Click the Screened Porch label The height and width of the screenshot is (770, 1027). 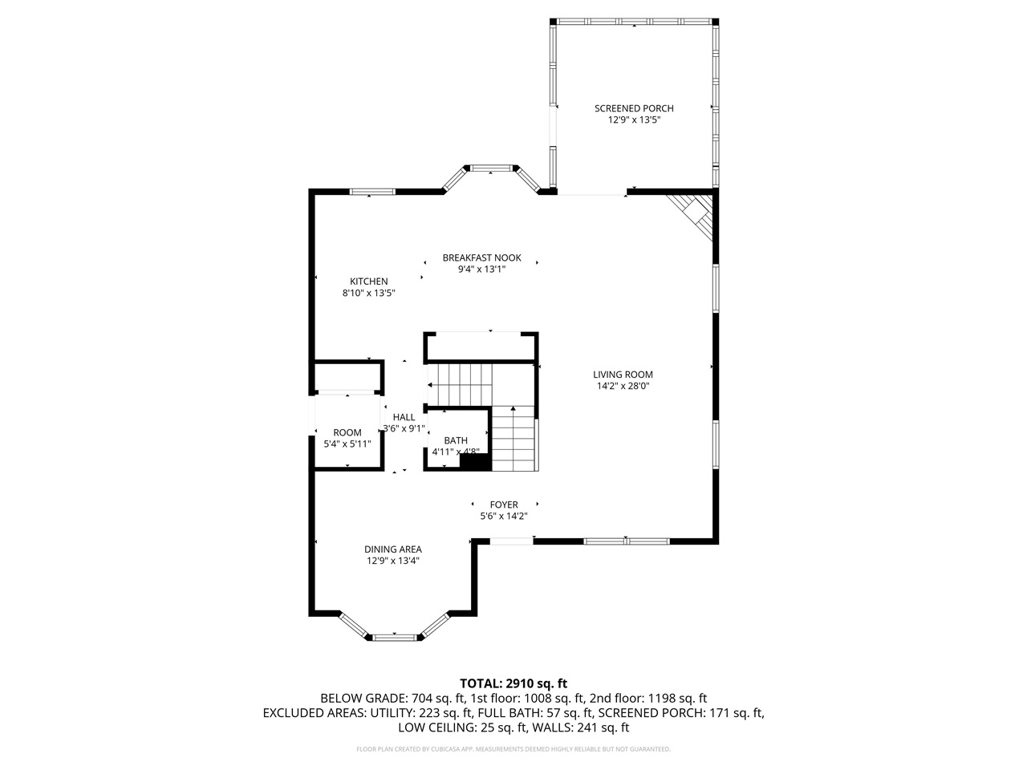(633, 108)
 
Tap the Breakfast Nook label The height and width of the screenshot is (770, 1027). (481, 257)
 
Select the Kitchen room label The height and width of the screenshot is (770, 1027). (368, 282)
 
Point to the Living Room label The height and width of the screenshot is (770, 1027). (623, 374)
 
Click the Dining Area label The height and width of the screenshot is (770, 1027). (393, 549)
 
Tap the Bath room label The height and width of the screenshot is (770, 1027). (456, 440)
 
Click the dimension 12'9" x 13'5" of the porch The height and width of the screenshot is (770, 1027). (633, 120)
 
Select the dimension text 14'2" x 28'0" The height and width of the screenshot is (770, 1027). (623, 386)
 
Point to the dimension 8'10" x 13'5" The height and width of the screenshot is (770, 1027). (368, 294)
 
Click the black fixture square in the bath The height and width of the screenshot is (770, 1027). (474, 462)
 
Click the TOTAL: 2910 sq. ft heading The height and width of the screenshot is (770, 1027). (513, 683)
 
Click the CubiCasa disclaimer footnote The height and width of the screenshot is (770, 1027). (513, 749)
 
